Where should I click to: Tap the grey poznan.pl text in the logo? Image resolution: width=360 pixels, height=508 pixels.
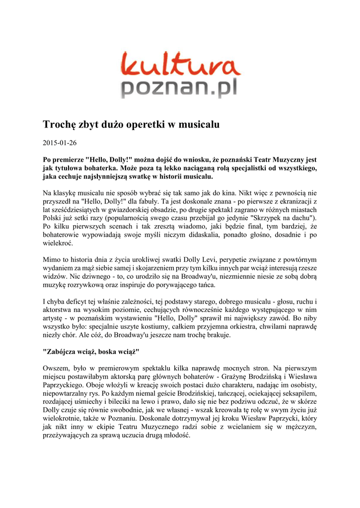tap(180, 89)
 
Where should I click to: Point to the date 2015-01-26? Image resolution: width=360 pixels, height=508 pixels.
tap(60, 143)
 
